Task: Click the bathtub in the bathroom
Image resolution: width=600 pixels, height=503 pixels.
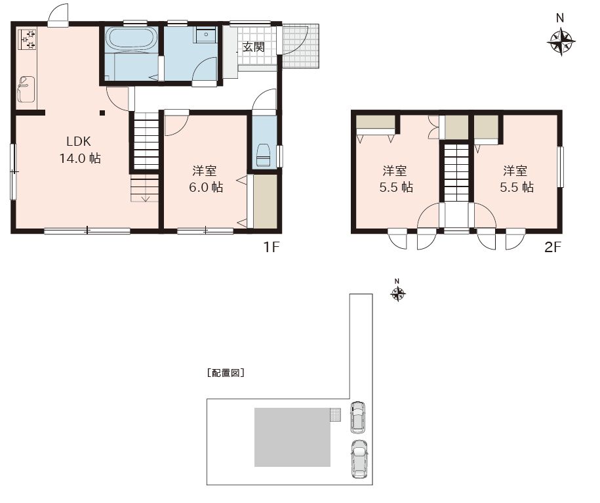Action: coord(131,39)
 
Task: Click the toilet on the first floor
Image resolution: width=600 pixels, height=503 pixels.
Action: coord(263,155)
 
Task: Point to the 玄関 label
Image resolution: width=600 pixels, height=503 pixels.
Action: coord(254,47)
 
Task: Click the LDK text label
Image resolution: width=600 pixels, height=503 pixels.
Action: coord(79,141)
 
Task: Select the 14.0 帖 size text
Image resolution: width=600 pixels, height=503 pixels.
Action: coord(80,158)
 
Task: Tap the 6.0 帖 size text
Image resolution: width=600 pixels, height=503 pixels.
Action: coord(206,187)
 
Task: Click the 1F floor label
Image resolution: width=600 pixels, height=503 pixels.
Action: coord(271,248)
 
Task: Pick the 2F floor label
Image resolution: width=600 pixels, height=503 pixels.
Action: coord(553,248)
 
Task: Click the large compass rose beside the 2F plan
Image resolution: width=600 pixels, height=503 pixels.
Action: coord(561,41)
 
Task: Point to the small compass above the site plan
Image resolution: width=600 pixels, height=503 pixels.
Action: coord(398,294)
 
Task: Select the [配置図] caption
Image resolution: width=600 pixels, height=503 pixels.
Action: coord(226,372)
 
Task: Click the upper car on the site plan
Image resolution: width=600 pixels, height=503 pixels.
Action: coord(358,417)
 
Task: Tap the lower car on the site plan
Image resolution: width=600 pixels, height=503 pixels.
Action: coord(359,458)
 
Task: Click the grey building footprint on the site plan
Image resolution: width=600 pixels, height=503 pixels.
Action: coord(292,437)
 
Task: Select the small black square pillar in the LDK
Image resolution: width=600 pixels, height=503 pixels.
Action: coord(102,113)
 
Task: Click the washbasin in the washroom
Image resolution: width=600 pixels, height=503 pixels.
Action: coord(207,35)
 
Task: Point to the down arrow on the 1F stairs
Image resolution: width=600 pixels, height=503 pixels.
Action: coord(146,196)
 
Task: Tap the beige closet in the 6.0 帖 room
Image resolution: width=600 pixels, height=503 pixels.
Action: coord(265,202)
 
